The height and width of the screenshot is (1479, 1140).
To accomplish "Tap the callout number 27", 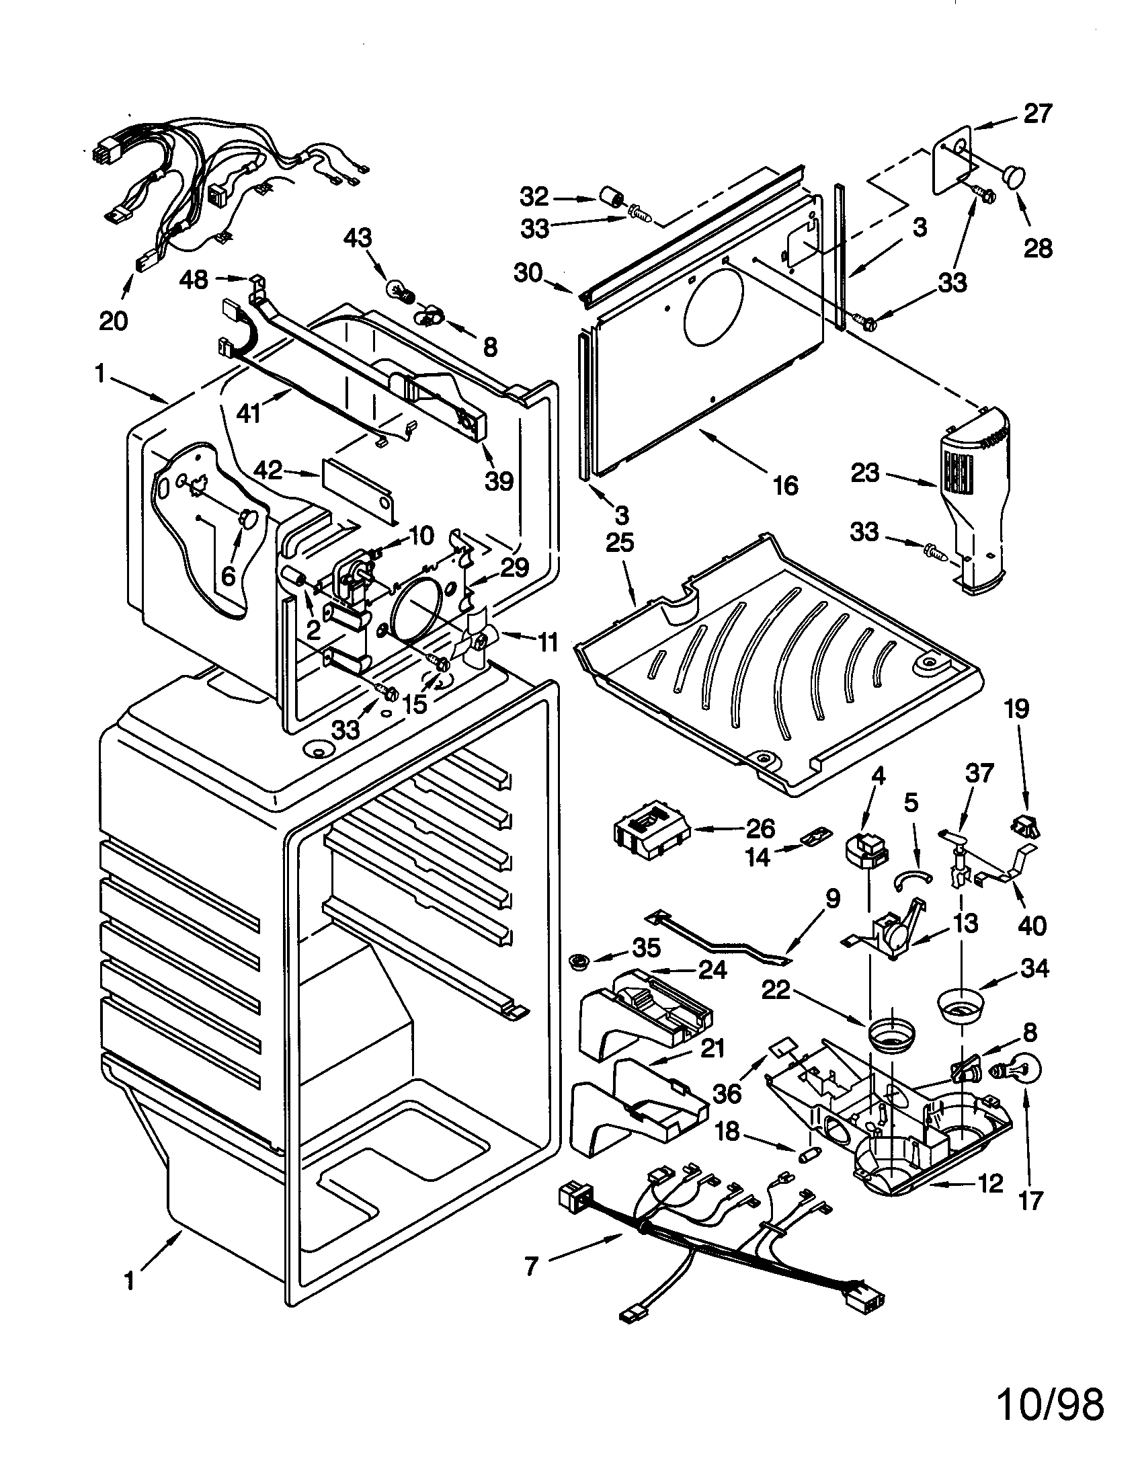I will tap(1038, 113).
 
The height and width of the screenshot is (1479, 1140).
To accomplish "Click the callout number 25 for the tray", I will tap(620, 543).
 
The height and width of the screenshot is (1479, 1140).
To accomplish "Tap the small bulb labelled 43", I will tap(395, 290).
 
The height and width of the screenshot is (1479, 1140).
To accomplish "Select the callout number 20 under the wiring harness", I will tap(113, 320).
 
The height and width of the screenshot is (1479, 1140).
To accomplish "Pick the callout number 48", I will tap(194, 279).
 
